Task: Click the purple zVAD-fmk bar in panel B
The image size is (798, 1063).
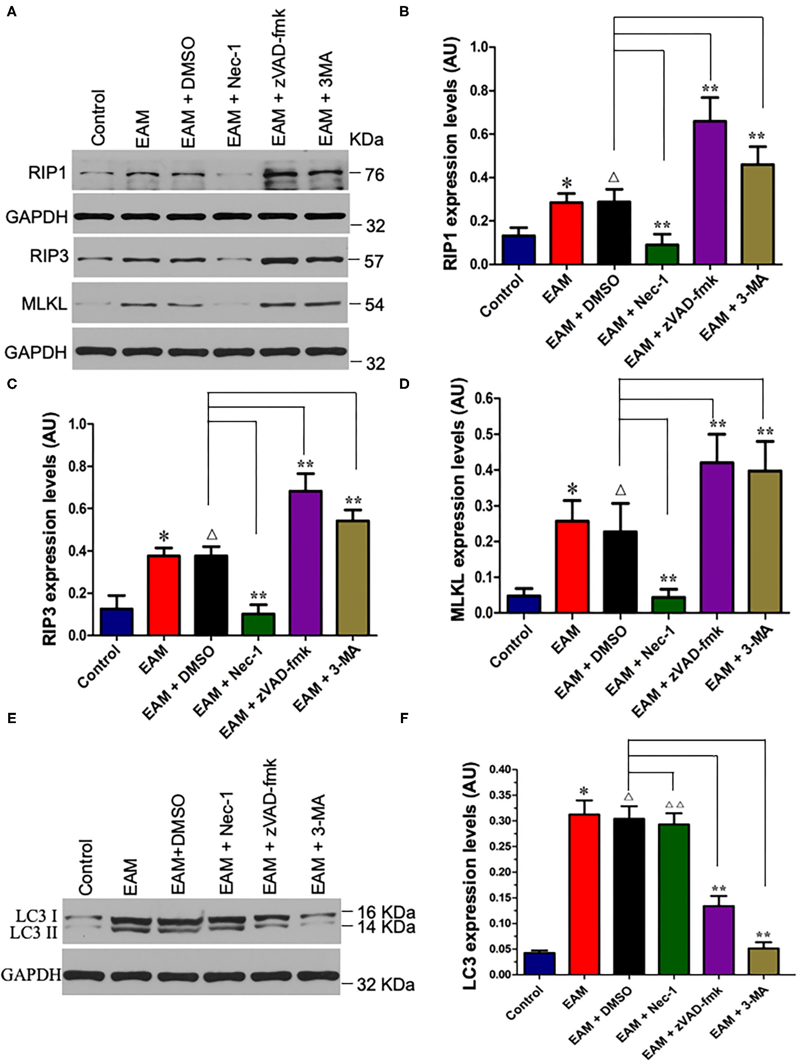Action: click(710, 192)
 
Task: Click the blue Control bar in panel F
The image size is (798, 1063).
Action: click(539, 963)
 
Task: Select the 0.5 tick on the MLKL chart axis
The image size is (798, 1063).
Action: click(490, 434)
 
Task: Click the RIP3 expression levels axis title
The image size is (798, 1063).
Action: click(49, 528)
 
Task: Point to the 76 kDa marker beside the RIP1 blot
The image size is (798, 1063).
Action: click(374, 175)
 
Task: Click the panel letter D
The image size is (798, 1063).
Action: click(404, 384)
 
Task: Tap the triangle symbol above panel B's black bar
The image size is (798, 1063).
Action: click(614, 177)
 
